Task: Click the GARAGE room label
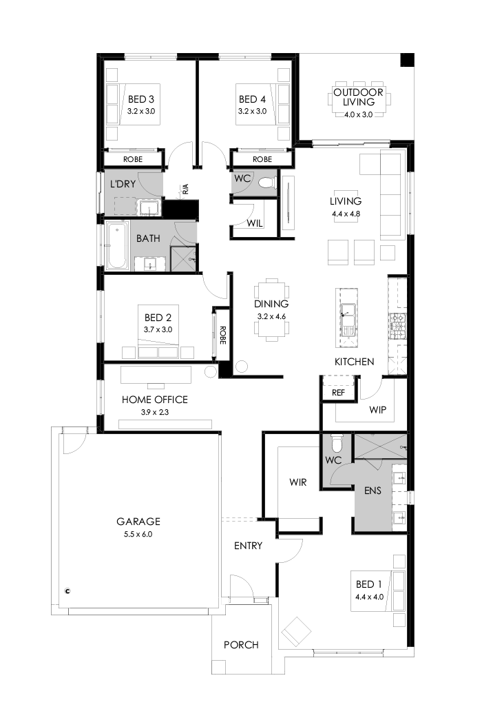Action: tap(138, 522)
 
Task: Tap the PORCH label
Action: tap(241, 645)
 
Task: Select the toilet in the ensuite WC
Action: tap(336, 442)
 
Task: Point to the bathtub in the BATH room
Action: tap(116, 246)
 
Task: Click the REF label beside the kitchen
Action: tap(338, 392)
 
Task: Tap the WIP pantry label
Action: tap(378, 410)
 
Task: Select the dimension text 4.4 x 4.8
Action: tap(345, 214)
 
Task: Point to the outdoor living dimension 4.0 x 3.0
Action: tap(358, 114)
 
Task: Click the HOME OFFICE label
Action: tap(154, 399)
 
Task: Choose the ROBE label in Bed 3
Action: tap(133, 159)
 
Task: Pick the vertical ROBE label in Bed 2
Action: tap(222, 334)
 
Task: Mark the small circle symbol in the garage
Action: tap(67, 590)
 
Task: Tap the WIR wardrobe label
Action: tap(298, 482)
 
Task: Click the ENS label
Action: tap(373, 491)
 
